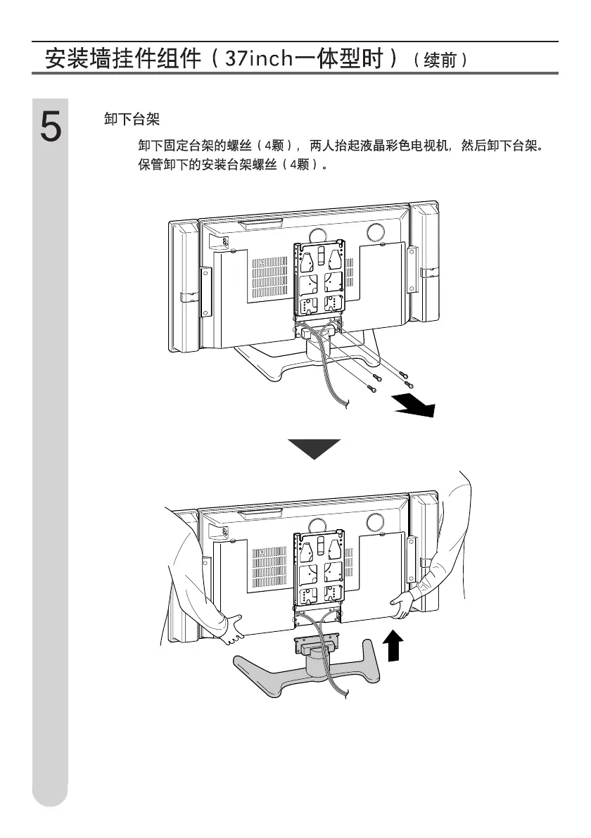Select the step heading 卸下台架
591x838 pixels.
[x=132, y=120]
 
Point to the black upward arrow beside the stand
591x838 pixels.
[x=395, y=645]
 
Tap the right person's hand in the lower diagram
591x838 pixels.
[x=401, y=604]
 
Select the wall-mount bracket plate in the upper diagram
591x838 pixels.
[x=319, y=279]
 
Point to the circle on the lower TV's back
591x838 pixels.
[x=375, y=521]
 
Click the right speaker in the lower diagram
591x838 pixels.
[x=426, y=556]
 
